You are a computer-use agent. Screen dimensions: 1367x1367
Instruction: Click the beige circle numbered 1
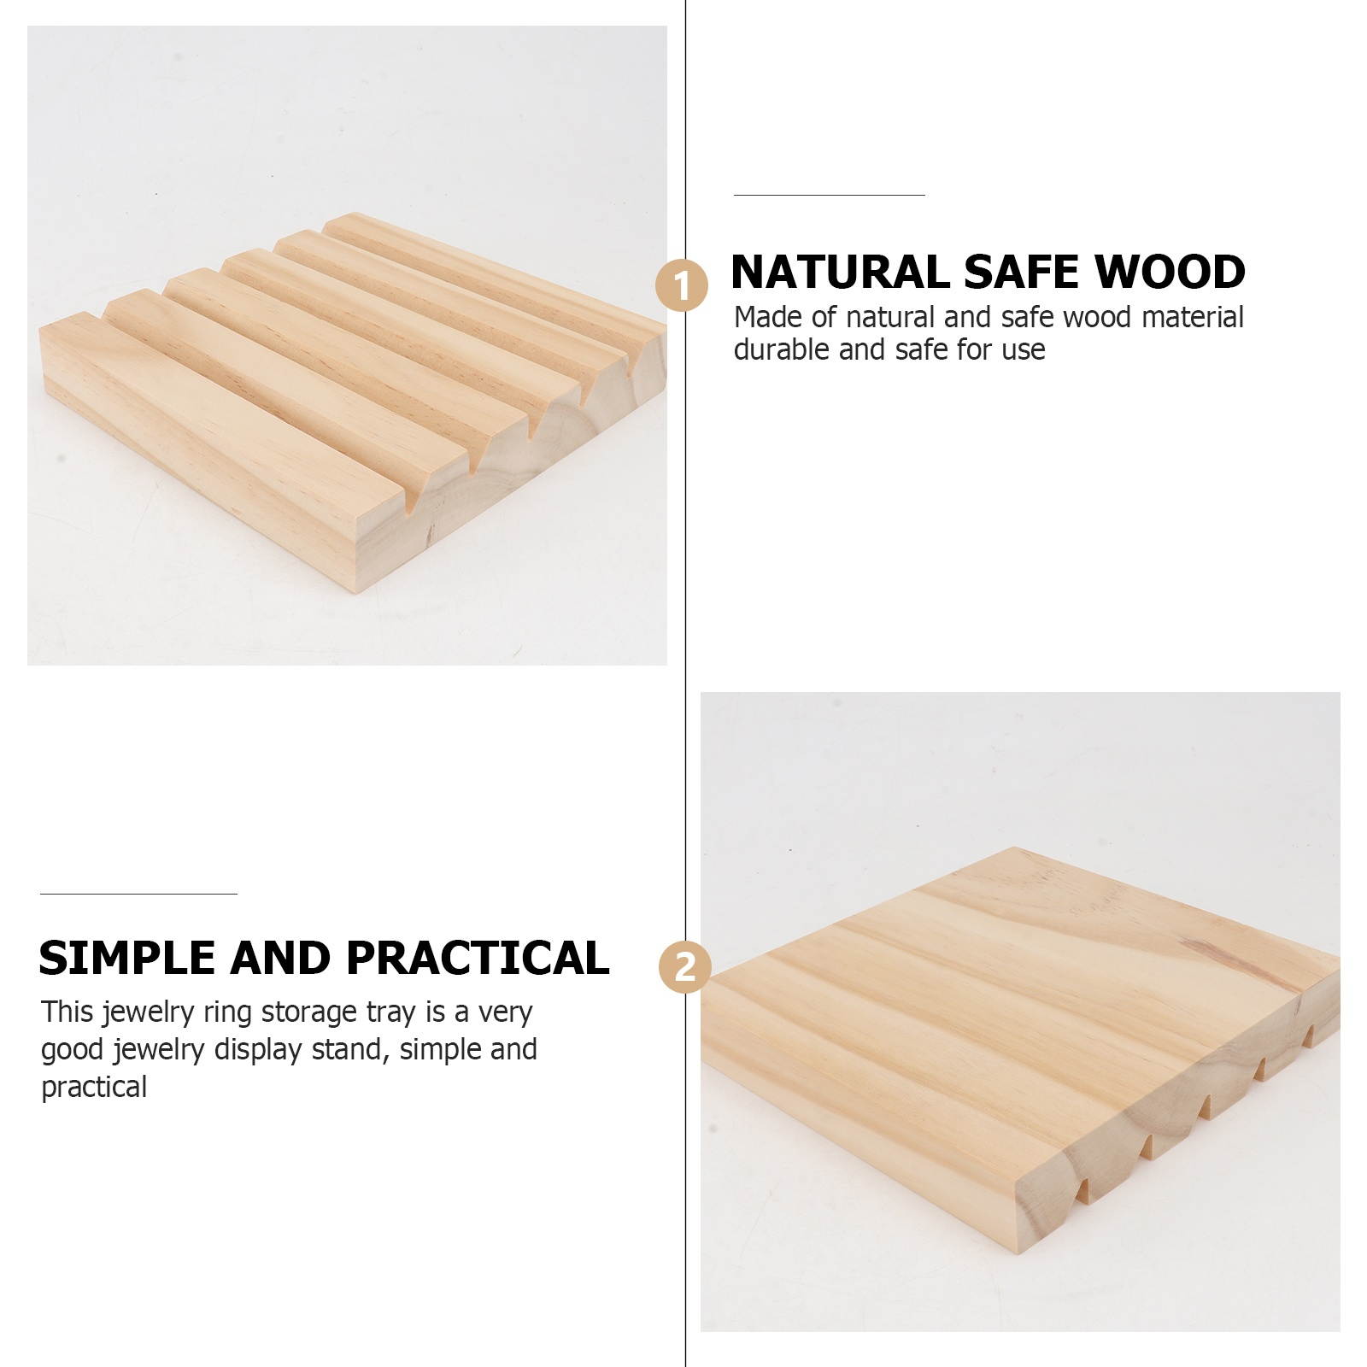682,286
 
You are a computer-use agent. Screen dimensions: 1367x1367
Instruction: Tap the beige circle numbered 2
685,968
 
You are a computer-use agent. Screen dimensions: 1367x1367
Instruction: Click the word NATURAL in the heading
841,273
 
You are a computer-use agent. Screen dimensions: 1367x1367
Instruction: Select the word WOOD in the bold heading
1170,273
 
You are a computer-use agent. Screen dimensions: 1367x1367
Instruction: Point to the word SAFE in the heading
1022,273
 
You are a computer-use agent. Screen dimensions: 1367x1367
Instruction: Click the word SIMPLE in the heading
127,958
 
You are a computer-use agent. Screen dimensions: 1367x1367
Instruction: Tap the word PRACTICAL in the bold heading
478,958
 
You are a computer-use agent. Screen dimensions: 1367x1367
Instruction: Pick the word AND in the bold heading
281,958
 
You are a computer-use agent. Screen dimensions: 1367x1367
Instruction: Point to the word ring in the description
228,1013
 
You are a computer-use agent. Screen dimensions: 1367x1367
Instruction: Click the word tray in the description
392,1013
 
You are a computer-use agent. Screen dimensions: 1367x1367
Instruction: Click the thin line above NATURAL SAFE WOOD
829,195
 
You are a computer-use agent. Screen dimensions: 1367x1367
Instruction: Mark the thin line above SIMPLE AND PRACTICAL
138,894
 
